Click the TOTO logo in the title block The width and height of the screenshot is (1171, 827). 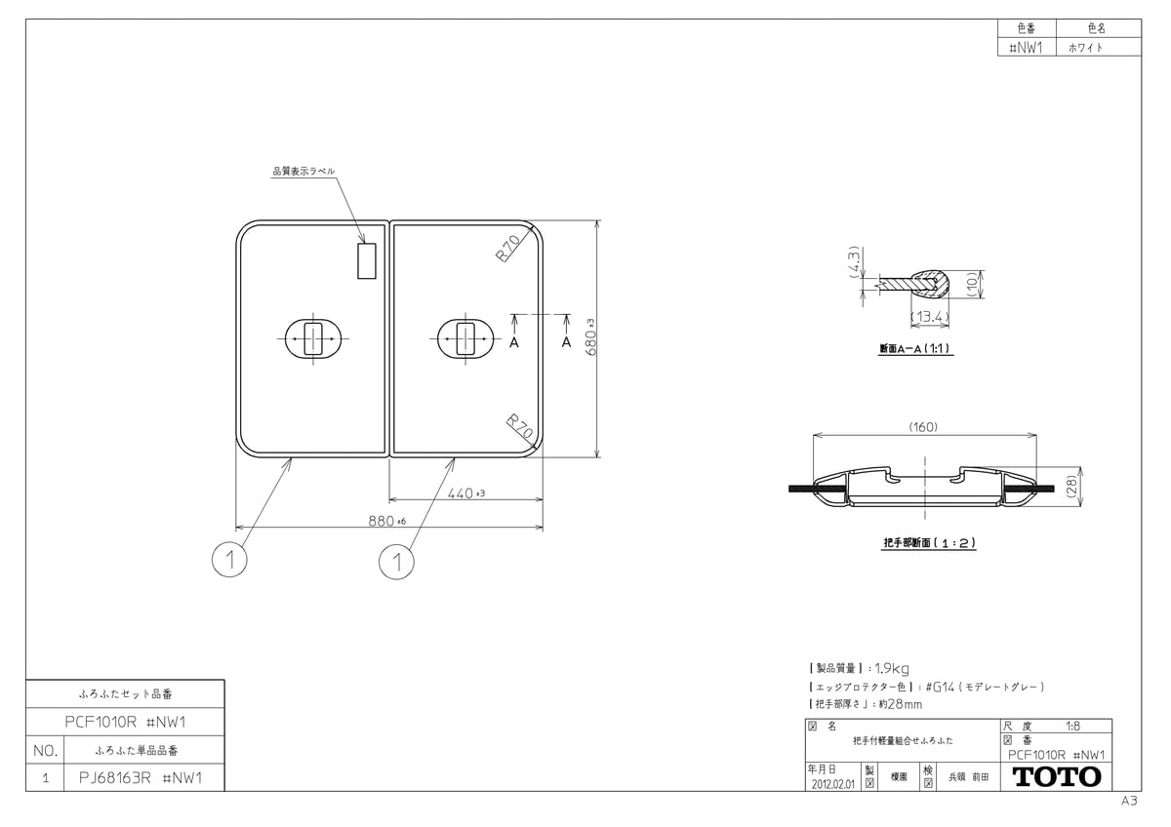tap(1058, 777)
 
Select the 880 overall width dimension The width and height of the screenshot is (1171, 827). tap(384, 521)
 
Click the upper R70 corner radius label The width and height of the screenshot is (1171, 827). tap(507, 250)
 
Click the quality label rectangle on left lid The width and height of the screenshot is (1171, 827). tap(367, 261)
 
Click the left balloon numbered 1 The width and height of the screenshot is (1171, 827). tap(229, 560)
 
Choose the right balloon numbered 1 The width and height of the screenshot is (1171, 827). tap(396, 561)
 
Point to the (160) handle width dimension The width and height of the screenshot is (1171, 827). tap(922, 426)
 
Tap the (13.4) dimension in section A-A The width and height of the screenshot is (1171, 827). tap(929, 317)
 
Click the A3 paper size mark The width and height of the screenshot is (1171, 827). tap(1129, 801)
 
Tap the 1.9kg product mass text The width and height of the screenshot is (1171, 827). tap(892, 668)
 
